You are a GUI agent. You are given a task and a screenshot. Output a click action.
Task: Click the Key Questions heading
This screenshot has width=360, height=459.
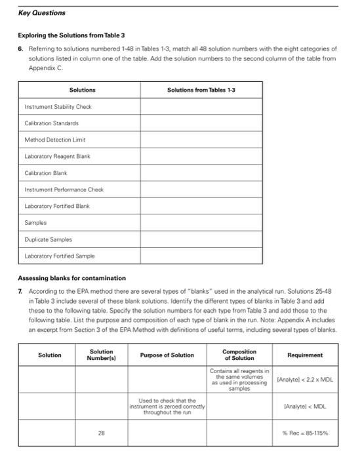tap(41, 13)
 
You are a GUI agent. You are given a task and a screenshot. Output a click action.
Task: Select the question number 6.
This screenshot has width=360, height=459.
tap(20, 49)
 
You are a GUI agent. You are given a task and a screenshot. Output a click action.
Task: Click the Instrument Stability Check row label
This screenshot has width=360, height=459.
tap(58, 106)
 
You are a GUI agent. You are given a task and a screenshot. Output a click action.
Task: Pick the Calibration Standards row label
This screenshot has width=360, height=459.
tap(52, 123)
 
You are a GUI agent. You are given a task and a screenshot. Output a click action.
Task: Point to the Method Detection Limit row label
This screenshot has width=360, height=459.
tap(55, 139)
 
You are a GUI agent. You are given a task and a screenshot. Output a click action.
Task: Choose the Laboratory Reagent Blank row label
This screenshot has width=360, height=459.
tap(58, 155)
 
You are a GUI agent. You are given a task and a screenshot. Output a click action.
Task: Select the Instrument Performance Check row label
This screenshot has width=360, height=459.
tap(64, 190)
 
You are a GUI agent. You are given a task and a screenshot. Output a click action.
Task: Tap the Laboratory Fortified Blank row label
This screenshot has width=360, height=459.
tap(58, 206)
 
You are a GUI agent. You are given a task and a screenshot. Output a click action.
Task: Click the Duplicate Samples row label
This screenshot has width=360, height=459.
tap(49, 239)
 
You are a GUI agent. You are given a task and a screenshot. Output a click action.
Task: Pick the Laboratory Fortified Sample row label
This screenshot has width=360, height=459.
tap(60, 256)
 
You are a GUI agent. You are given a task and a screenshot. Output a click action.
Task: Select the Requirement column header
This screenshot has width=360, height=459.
tap(305, 355)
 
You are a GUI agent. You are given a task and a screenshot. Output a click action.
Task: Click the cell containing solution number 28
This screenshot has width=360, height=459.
tap(101, 433)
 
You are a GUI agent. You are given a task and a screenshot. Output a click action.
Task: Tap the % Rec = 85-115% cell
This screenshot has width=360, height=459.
tap(305, 433)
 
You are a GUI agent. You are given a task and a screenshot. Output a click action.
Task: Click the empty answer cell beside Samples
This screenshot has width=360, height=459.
tap(200, 223)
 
